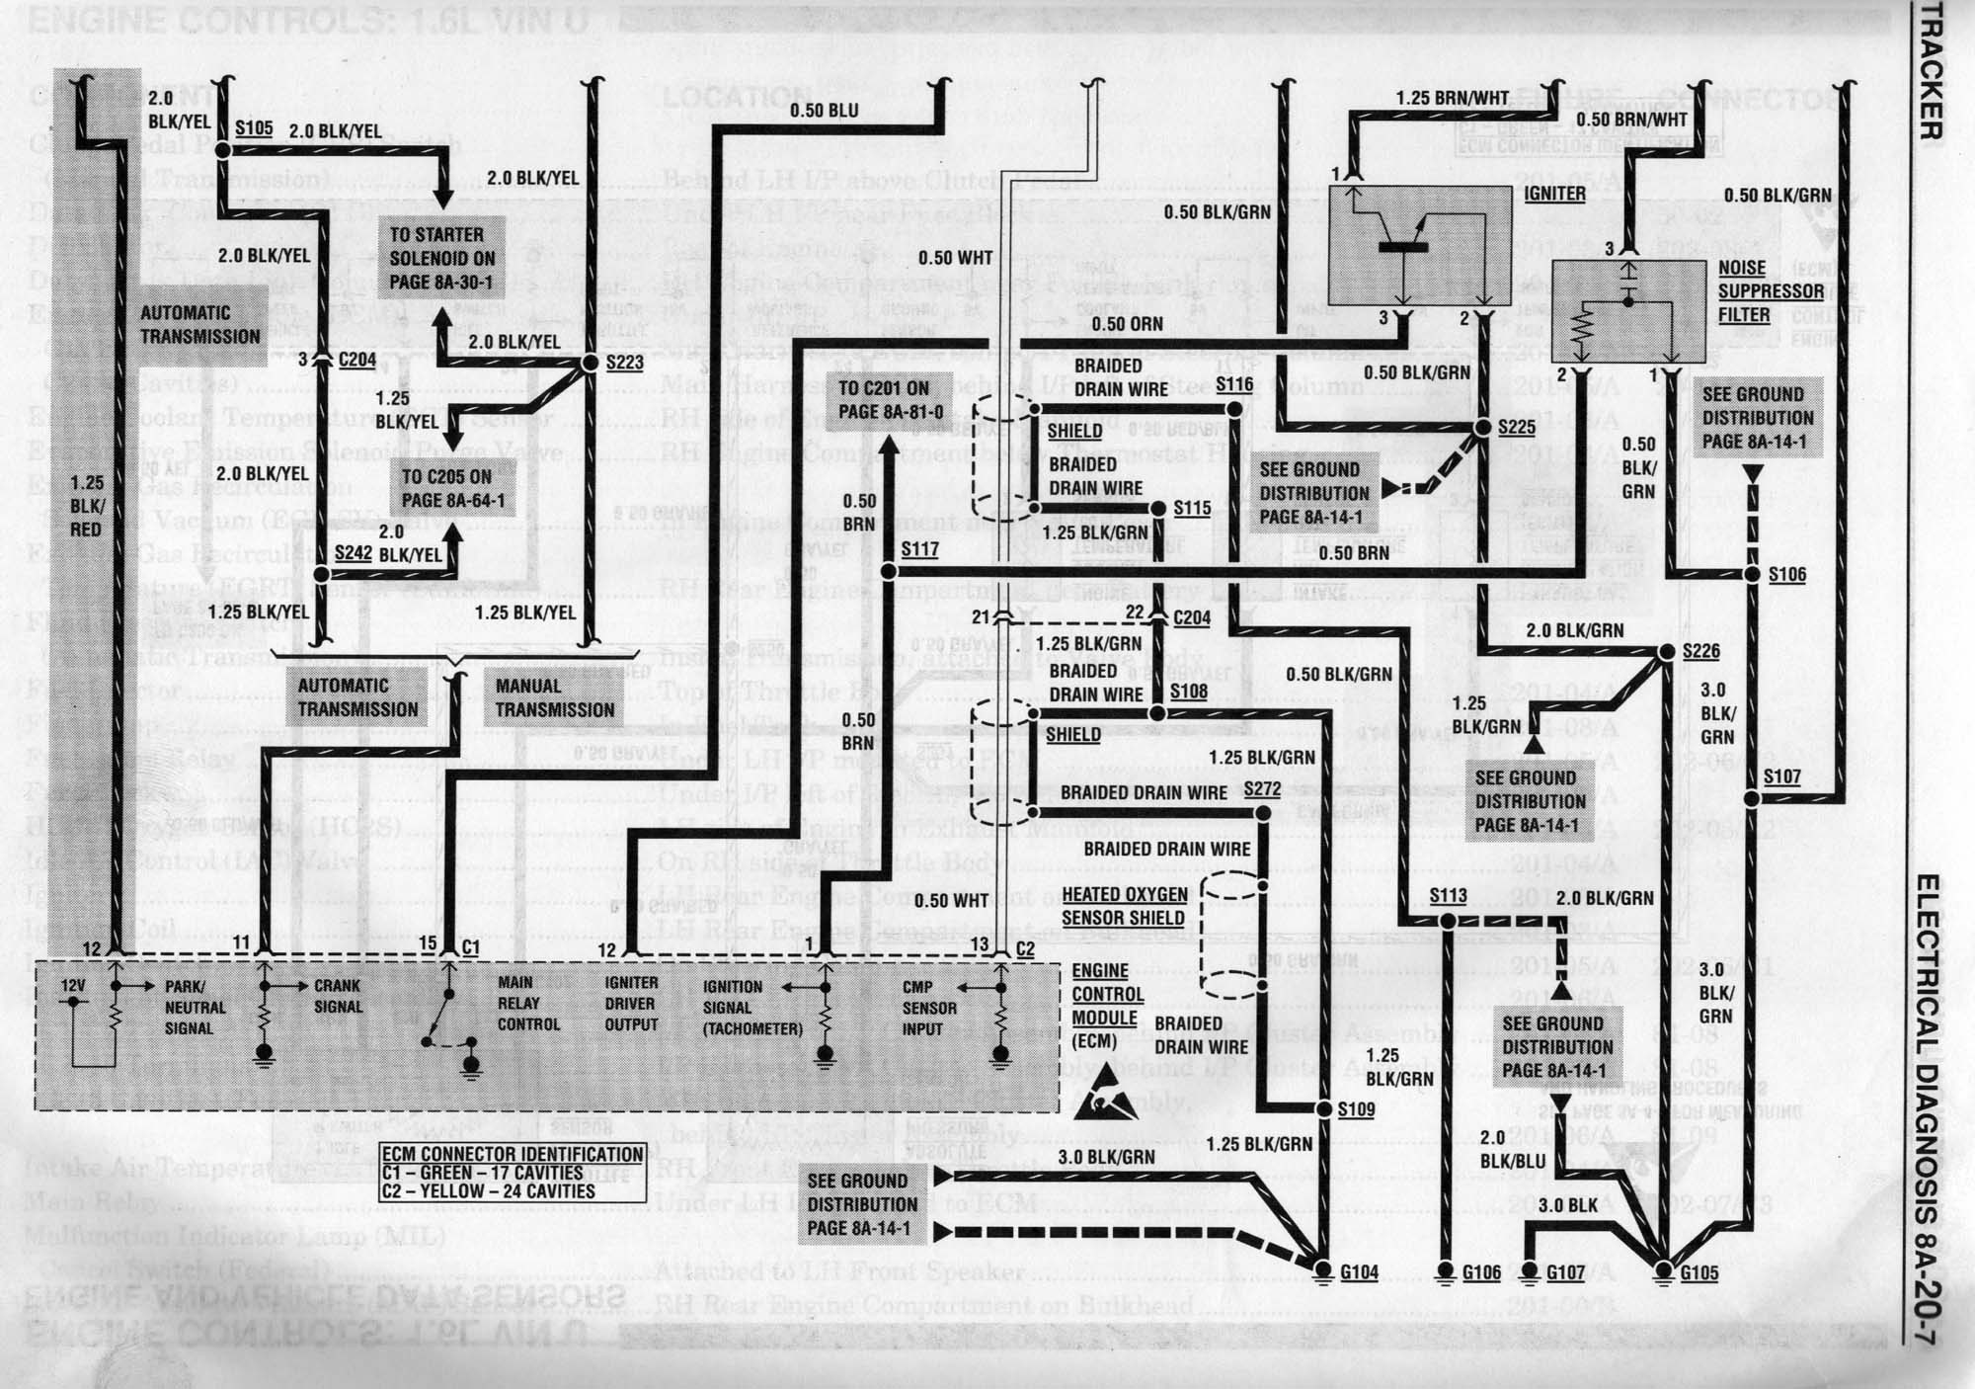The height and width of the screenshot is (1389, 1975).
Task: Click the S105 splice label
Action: [254, 129]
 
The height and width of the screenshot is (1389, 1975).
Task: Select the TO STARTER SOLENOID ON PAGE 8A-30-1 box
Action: [442, 259]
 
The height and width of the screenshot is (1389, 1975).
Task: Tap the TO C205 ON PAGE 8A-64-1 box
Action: [452, 489]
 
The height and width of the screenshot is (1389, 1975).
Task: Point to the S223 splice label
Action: [624, 363]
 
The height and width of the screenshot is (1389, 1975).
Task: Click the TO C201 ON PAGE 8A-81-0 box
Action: [884, 400]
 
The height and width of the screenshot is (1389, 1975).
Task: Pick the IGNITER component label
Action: [1554, 194]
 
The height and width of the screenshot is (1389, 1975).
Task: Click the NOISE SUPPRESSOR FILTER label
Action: [1771, 291]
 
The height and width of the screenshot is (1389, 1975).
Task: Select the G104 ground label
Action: [1358, 1272]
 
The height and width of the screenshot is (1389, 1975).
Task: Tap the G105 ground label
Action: [1698, 1272]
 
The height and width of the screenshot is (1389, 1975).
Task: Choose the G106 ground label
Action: [1481, 1272]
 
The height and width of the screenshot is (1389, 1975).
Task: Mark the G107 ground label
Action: [1565, 1272]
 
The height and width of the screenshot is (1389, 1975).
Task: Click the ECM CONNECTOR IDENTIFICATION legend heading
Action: [513, 1154]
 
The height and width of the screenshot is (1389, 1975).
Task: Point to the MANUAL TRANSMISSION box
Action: [554, 697]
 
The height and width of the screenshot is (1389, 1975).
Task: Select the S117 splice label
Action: [919, 549]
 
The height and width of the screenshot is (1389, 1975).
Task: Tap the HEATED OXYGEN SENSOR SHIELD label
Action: [1124, 906]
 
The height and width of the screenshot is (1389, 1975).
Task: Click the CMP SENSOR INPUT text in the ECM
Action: [929, 1008]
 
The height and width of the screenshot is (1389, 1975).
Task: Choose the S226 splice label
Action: [1701, 651]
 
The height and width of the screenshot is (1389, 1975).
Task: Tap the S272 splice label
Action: [1262, 789]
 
